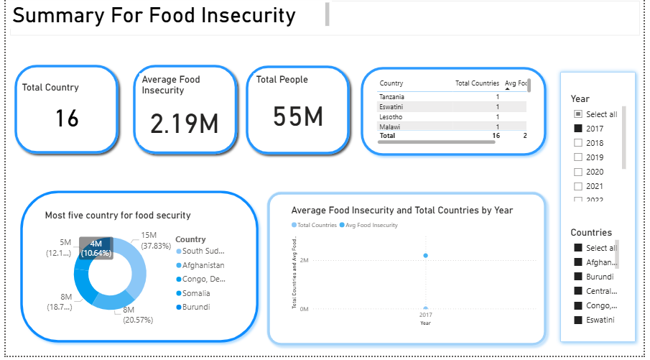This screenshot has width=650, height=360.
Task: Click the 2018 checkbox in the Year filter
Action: (578, 143)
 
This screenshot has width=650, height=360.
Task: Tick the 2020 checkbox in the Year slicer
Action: (578, 172)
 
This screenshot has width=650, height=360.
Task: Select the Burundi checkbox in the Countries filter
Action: (578, 277)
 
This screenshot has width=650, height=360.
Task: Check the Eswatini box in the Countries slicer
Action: (578, 320)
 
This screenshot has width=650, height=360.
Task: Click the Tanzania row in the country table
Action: (392, 96)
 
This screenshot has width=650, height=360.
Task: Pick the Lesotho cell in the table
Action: (391, 116)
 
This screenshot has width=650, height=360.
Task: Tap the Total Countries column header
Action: (477, 83)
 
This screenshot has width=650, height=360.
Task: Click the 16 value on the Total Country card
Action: (67, 118)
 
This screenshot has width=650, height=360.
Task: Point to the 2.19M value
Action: (184, 124)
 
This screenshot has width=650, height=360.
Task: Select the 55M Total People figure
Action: (298, 116)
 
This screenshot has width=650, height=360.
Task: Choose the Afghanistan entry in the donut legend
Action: (203, 265)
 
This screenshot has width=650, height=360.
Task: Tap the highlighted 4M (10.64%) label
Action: (96, 248)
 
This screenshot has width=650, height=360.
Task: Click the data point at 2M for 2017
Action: (426, 256)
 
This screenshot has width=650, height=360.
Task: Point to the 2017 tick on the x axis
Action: (425, 315)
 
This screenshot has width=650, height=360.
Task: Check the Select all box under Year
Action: (578, 114)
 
